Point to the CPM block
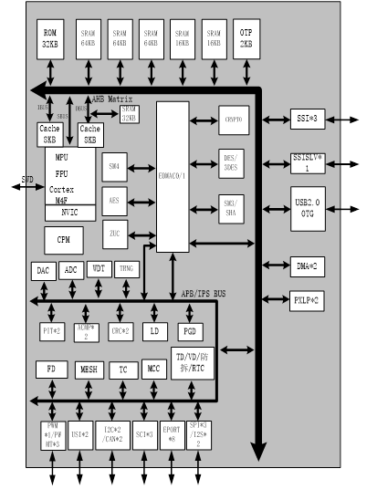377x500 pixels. [x=64, y=239]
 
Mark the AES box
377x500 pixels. [x=115, y=199]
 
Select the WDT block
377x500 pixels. [x=99, y=270]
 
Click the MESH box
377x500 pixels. [x=89, y=370]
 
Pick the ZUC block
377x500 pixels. [x=115, y=234]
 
